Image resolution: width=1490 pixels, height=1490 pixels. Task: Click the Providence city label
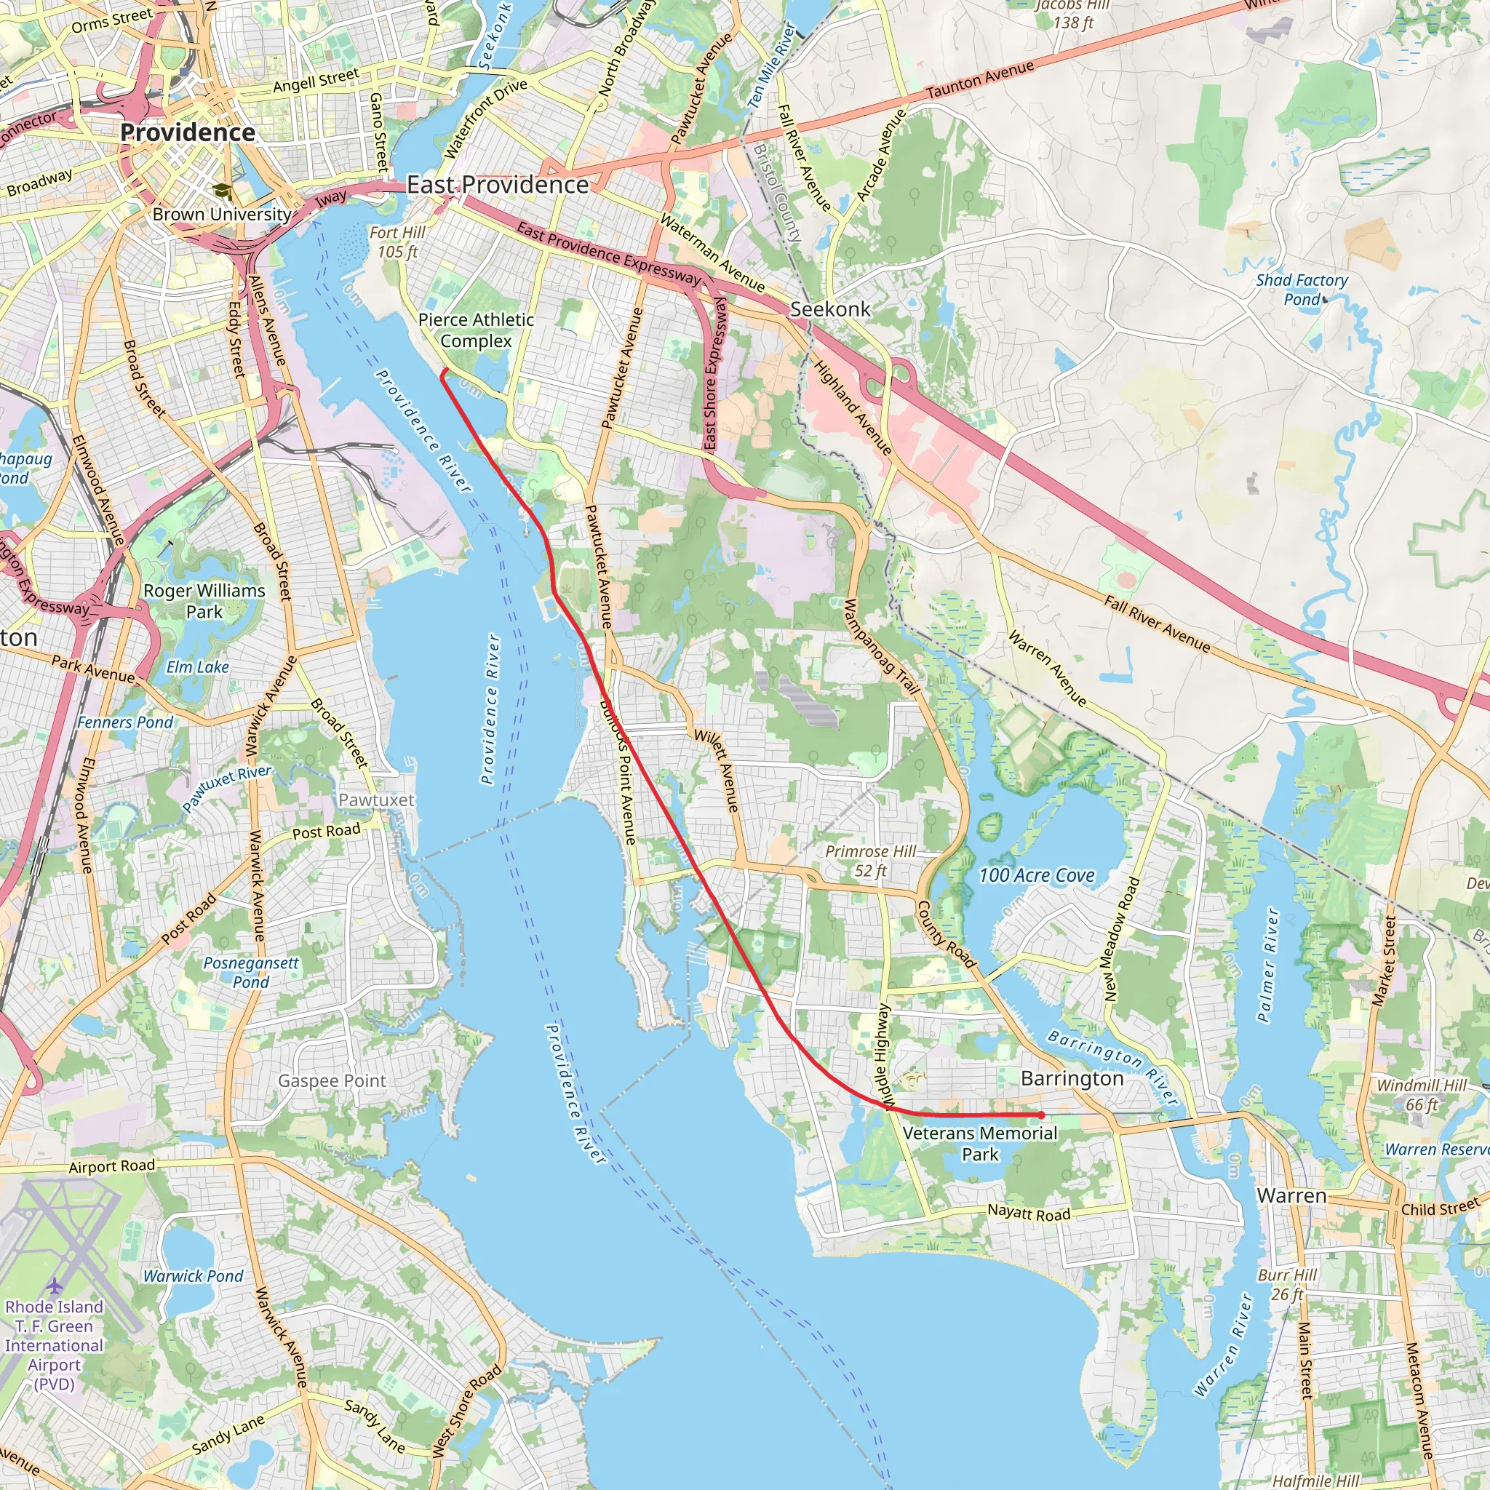click(x=188, y=132)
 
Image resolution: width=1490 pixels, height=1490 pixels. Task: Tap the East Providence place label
click(x=498, y=185)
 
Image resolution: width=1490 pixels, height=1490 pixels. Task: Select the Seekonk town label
click(x=830, y=309)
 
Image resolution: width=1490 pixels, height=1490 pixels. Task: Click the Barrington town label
click(x=1072, y=1078)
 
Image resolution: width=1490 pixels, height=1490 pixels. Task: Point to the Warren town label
click(x=1292, y=1195)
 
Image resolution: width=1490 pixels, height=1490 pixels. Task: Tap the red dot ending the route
click(x=1041, y=1115)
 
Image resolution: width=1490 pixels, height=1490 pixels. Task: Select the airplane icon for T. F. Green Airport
click(x=54, y=1286)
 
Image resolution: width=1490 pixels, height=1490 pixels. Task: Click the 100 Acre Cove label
click(x=1037, y=875)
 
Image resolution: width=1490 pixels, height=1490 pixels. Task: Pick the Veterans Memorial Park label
click(x=979, y=1144)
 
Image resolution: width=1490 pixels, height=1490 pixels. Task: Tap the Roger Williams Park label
click(x=204, y=601)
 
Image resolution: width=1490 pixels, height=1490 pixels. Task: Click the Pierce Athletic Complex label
click(x=476, y=330)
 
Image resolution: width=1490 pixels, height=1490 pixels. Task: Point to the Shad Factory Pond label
click(x=1302, y=290)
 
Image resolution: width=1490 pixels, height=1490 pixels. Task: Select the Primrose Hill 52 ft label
click(x=871, y=861)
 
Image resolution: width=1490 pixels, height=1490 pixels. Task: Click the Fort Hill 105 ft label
click(x=397, y=242)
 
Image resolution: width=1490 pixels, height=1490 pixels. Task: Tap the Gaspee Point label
click(x=332, y=1081)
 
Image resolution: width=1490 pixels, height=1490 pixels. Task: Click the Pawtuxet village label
click(x=376, y=800)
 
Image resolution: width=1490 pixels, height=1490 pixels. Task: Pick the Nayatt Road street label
click(x=1029, y=1213)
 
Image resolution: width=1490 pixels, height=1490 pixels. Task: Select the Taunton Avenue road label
click(x=979, y=79)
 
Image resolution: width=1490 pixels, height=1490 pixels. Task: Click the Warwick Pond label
click(x=193, y=1276)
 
